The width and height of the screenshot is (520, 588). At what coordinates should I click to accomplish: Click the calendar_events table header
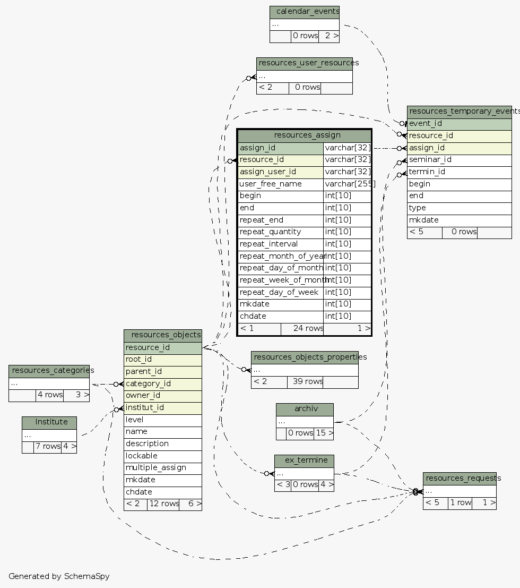(305, 12)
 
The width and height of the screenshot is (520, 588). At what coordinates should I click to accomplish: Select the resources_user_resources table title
(305, 63)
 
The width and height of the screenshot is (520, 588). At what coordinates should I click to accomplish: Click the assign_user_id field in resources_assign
(280, 172)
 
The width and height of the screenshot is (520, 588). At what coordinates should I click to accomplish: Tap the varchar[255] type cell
(348, 184)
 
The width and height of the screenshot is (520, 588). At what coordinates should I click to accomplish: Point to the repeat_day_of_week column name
(280, 293)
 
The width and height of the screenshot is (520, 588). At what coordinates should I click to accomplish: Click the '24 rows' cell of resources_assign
(301, 328)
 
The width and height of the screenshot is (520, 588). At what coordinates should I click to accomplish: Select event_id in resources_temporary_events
(459, 124)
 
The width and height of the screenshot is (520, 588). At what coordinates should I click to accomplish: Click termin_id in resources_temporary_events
(459, 172)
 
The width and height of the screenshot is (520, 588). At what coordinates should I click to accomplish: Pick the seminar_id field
(459, 160)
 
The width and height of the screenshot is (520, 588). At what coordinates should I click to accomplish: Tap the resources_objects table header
(163, 335)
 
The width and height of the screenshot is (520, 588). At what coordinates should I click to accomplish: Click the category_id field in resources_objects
(163, 384)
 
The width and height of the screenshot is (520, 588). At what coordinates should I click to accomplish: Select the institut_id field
(163, 408)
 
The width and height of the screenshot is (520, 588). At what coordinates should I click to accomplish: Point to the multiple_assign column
(163, 468)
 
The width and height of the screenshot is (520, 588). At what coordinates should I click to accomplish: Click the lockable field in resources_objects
(163, 456)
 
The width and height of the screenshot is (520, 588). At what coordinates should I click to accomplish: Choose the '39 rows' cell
(305, 381)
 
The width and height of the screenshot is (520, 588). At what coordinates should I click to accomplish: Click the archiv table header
(305, 409)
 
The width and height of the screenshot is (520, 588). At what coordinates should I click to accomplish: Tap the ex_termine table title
(304, 461)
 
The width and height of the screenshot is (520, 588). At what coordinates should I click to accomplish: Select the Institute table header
(49, 422)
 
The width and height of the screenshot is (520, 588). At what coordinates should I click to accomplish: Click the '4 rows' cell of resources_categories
(49, 395)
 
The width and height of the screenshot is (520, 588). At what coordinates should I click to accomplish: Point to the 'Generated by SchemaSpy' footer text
(59, 576)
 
